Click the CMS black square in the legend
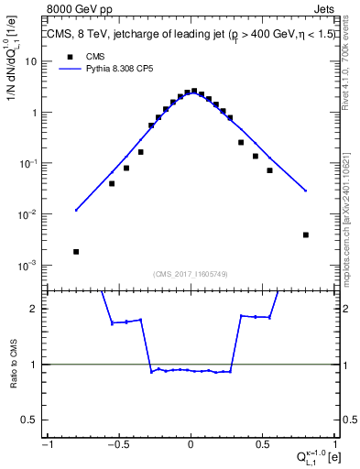70,56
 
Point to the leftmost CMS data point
76,251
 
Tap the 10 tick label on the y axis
30,61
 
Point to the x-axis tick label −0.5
118,443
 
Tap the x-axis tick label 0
191,443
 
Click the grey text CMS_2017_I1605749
191,274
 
